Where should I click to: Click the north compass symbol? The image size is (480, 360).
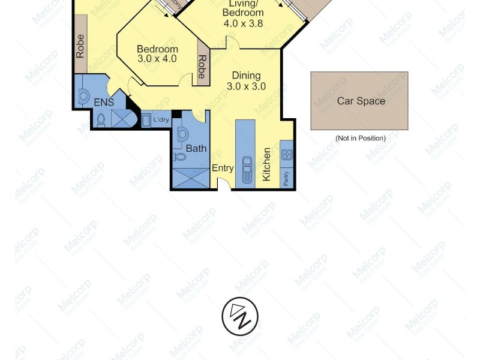click(x=240, y=316)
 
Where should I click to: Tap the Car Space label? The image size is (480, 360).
click(x=361, y=101)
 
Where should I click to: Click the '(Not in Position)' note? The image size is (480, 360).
click(x=360, y=138)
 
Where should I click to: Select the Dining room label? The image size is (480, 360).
click(x=246, y=76)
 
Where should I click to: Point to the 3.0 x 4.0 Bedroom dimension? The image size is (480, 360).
click(x=157, y=59)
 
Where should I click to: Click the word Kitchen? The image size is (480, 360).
click(x=266, y=164)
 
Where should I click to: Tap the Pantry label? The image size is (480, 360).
click(x=286, y=178)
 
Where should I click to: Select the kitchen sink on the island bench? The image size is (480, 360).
click(x=246, y=169)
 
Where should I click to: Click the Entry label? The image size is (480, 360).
click(x=223, y=168)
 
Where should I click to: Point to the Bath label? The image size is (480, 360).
click(x=196, y=148)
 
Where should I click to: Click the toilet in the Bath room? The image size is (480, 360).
click(x=179, y=157)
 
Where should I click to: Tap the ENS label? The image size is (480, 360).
click(x=103, y=103)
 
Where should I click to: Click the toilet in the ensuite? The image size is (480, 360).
click(x=101, y=119)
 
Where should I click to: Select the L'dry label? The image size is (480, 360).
click(x=161, y=120)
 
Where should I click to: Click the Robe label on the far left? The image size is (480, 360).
click(x=80, y=46)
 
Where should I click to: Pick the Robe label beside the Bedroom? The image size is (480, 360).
click(x=202, y=67)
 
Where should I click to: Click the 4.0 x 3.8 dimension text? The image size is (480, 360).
click(x=243, y=24)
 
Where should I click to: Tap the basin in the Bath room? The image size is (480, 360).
click(x=183, y=134)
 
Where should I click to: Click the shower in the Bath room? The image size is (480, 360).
click(x=191, y=178)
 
